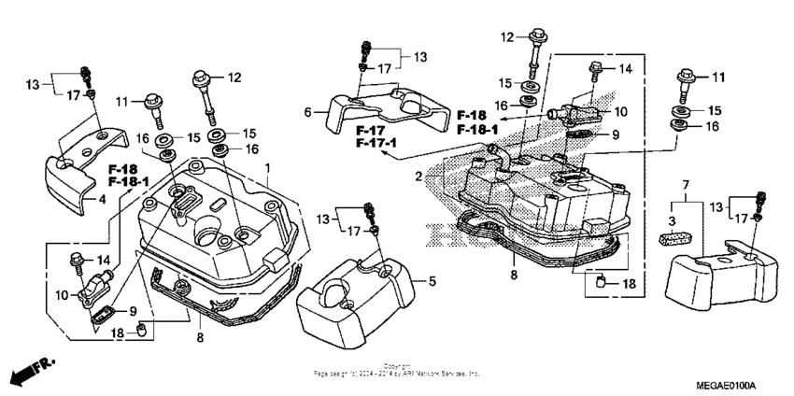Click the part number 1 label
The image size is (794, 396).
(267, 168)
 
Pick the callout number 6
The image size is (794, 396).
(306, 112)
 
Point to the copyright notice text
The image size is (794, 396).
(397, 370)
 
